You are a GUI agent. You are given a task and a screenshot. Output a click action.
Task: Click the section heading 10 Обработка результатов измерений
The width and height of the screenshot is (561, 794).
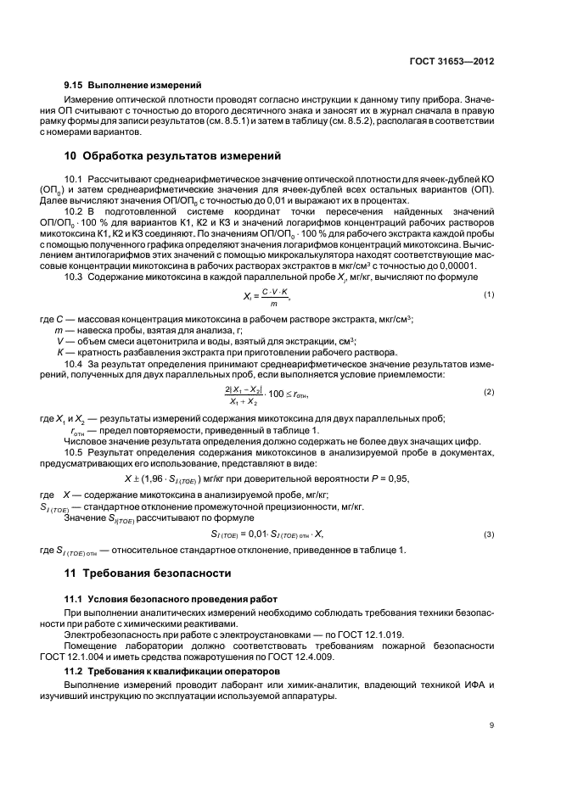174,156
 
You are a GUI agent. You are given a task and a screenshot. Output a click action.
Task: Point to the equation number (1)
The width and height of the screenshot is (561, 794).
489,294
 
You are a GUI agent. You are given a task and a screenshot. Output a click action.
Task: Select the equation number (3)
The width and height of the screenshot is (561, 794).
489,534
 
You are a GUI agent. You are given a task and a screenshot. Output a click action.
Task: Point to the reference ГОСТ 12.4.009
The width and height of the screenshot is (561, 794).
374,656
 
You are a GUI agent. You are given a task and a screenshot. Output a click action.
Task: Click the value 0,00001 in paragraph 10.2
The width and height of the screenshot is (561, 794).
455,267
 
